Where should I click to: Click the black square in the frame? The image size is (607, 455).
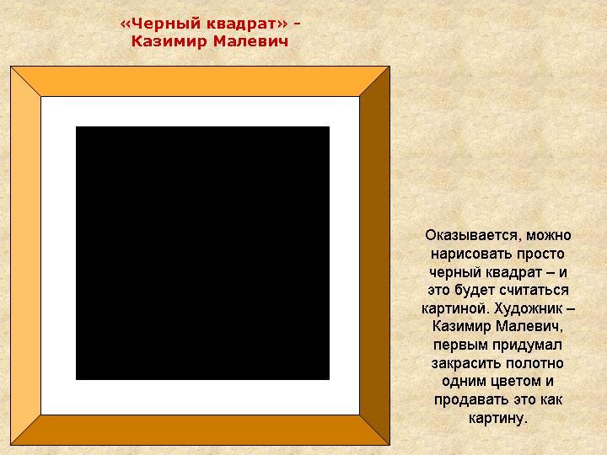[x=202, y=253]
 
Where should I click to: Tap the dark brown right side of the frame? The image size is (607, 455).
[x=374, y=253]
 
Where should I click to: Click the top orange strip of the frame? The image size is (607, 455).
[x=200, y=82]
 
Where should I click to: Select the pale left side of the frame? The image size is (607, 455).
[x=25, y=253]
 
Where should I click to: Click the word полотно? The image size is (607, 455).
[x=534, y=363]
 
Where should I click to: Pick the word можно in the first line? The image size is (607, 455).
[x=546, y=234]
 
